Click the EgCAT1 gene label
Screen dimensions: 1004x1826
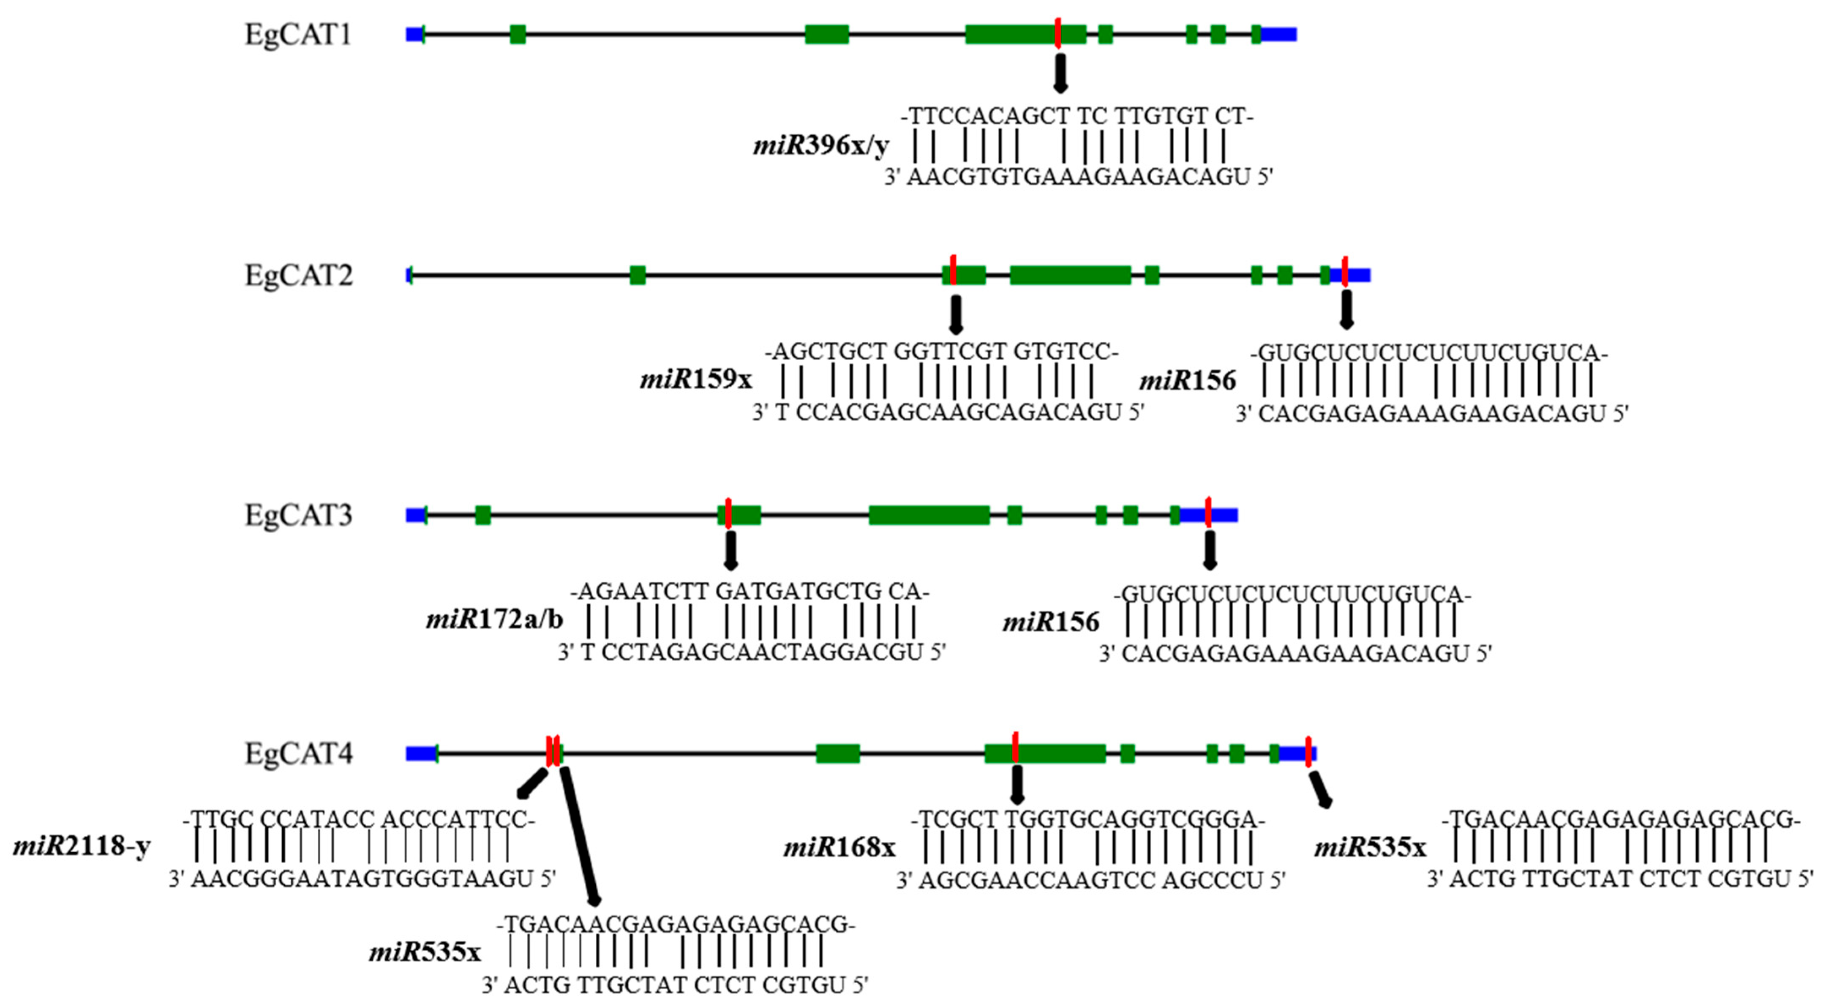click(x=298, y=34)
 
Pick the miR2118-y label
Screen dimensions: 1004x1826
click(x=82, y=846)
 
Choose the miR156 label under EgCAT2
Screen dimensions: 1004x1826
click(x=1187, y=381)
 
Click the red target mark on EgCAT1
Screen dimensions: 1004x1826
click(x=1057, y=33)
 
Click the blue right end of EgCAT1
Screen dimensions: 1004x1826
click(x=1279, y=34)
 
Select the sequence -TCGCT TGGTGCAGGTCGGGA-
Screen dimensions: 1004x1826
click(x=1088, y=820)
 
